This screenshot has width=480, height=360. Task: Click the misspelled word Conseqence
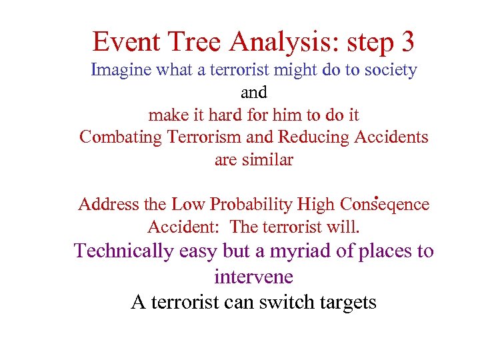(384, 204)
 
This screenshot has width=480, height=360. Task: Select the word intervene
(254, 276)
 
